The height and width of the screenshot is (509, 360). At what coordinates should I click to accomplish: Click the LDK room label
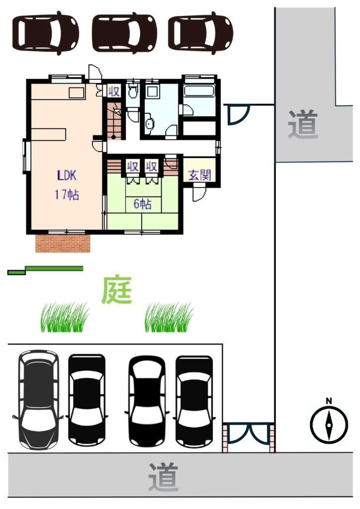tap(67, 175)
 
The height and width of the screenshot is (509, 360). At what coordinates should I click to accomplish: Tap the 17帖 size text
tap(67, 195)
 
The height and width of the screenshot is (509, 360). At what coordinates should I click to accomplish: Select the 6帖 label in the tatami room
tap(143, 204)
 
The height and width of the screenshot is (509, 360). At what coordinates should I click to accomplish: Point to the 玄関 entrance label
tap(199, 175)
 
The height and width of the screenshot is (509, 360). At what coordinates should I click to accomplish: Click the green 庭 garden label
tap(117, 290)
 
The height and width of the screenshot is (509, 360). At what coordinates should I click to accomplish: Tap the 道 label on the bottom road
tap(164, 477)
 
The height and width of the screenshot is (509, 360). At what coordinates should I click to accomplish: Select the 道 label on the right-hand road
tap(303, 124)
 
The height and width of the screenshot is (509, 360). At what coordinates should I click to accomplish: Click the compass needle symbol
tap(329, 425)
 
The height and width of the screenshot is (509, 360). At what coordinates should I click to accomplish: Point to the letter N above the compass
tap(329, 401)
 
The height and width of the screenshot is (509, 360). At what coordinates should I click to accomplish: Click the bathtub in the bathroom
tap(199, 90)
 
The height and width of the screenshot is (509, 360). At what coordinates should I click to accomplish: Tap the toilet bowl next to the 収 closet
tap(132, 92)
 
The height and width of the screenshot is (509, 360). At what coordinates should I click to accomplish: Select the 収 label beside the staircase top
tap(114, 91)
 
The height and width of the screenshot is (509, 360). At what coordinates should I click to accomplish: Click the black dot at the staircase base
tap(113, 137)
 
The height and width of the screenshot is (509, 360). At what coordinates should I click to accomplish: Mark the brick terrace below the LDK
tap(63, 243)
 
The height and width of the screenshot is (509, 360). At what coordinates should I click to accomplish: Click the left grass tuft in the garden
tap(65, 317)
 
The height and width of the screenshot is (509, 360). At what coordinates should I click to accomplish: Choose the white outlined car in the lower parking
tap(38, 400)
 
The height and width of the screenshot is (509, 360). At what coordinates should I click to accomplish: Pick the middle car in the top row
tap(124, 32)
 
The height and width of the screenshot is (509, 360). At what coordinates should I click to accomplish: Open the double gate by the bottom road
tap(248, 433)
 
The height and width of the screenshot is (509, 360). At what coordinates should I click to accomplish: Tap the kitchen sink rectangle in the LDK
tap(77, 92)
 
